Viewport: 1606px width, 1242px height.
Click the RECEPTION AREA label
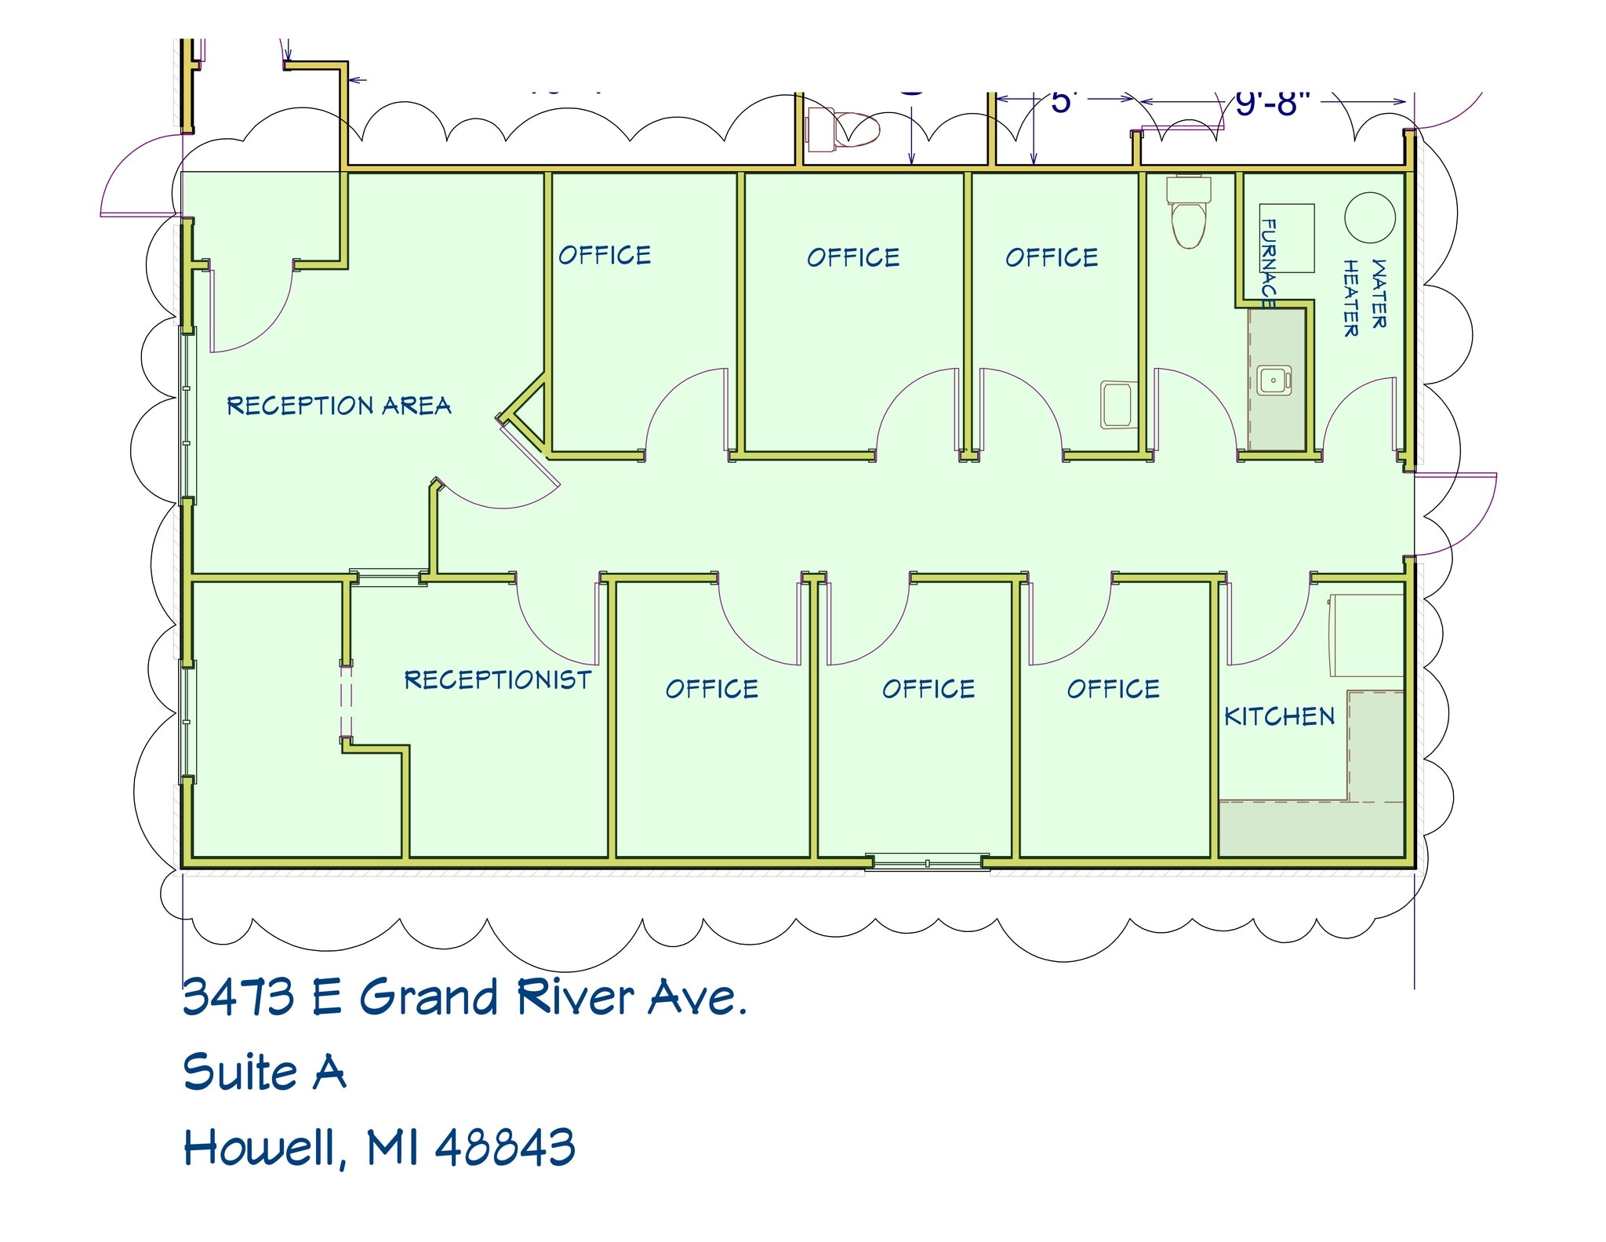point(339,406)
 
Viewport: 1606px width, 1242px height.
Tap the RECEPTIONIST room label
point(497,679)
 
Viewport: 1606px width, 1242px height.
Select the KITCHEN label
point(1279,716)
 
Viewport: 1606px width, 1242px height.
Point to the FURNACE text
point(1267,264)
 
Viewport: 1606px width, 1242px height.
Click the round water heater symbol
point(1370,217)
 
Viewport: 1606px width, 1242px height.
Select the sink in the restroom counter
point(1273,381)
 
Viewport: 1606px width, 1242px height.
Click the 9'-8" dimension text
point(1273,102)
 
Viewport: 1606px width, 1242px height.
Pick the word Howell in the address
point(263,1149)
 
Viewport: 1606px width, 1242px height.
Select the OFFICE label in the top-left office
point(605,255)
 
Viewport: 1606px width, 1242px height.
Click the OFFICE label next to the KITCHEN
point(1113,689)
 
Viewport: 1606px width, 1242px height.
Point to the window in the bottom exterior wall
point(927,863)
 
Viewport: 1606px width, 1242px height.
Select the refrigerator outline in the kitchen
point(1366,636)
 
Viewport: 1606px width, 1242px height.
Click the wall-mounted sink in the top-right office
point(1119,404)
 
